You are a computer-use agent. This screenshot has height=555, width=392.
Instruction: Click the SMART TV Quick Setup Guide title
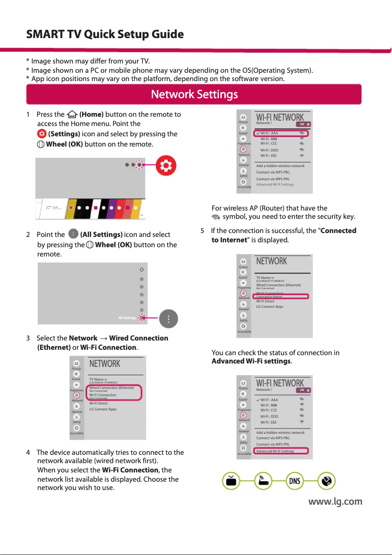105,35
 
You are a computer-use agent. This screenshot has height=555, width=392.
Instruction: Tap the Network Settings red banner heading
194,94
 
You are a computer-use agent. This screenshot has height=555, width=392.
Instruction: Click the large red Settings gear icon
166,166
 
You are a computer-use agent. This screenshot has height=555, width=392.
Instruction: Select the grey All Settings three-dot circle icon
168,319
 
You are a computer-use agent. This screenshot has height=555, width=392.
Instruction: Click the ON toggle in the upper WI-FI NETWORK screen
304,124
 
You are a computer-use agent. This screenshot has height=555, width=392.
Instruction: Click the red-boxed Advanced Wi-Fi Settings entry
275,451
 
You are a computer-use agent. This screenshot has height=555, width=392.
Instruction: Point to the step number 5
203,231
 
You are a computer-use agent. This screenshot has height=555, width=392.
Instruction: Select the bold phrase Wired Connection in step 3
139,338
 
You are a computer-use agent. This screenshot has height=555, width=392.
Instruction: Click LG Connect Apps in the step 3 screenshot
99,409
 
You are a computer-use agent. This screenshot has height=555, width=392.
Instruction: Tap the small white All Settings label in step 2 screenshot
127,318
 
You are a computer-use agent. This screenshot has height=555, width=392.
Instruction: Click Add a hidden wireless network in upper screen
280,166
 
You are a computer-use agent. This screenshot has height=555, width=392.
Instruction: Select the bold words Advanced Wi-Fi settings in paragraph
251,362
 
